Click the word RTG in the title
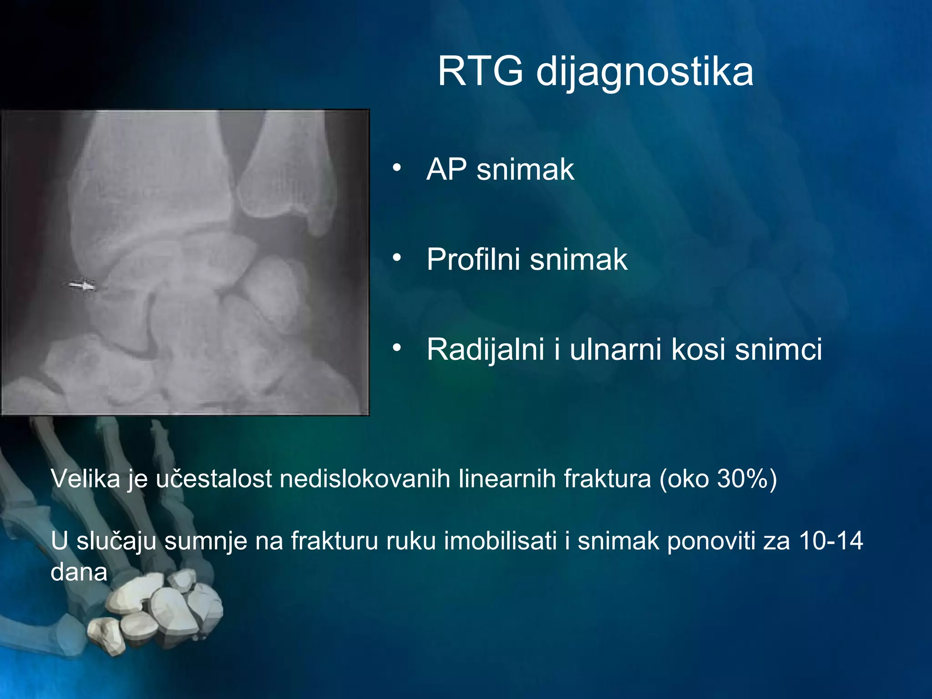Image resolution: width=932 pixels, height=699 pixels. tap(480, 71)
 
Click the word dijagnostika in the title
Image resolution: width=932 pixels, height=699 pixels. tap(644, 73)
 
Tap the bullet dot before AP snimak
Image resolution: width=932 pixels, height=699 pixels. tap(397, 168)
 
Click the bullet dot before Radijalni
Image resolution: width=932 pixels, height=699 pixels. tap(397, 348)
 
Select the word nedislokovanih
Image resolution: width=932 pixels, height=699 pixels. tap(365, 479)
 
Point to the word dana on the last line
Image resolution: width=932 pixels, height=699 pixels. tap(79, 572)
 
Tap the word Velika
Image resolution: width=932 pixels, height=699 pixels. tap(85, 479)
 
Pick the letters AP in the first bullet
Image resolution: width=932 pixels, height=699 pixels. tap(446, 169)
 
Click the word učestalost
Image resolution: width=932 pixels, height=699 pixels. tap(214, 479)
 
